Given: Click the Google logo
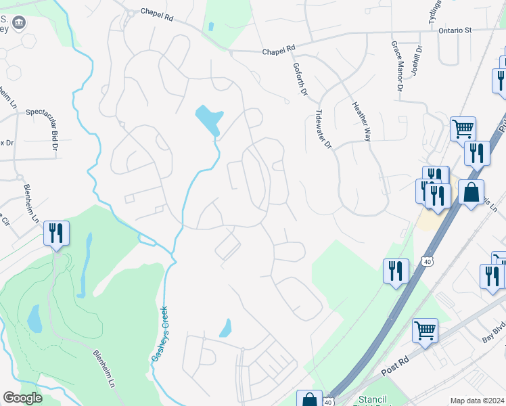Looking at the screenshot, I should (x=22, y=398).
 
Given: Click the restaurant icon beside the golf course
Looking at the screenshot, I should (x=55, y=233).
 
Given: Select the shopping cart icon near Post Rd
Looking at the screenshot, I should (x=425, y=330).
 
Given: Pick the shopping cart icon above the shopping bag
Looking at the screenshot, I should (x=463, y=128).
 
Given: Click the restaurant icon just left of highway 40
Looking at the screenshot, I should (x=396, y=271).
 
